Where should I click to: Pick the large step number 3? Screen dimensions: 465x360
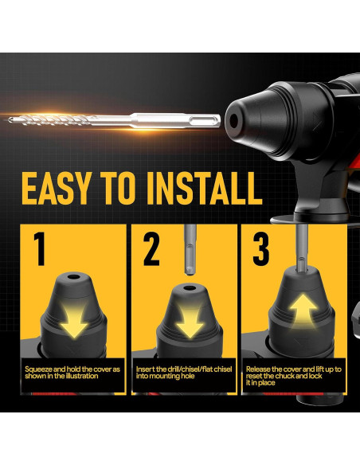tap(260, 250)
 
